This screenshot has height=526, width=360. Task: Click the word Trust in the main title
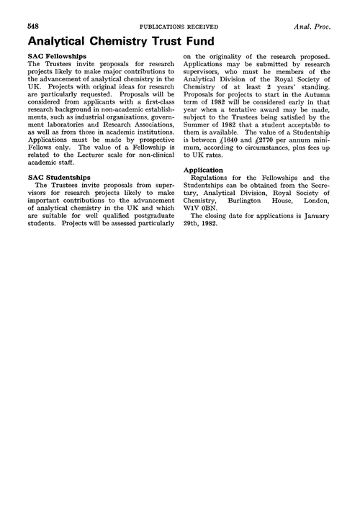click(x=149, y=42)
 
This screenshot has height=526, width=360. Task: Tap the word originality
click(x=223, y=56)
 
